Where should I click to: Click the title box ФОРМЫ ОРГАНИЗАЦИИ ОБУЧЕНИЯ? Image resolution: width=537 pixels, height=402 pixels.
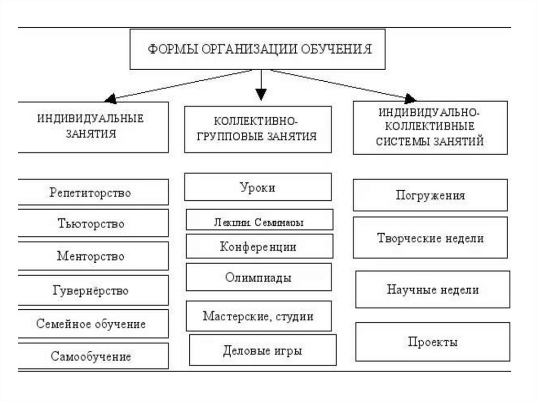[260, 49]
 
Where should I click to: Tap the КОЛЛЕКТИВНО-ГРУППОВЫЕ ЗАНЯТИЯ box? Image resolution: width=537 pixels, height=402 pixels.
[258, 129]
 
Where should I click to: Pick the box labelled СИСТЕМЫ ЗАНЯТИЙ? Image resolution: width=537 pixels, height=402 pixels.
[431, 127]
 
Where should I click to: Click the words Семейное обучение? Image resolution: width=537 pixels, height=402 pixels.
[91, 323]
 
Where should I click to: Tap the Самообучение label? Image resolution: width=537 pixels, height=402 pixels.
[91, 357]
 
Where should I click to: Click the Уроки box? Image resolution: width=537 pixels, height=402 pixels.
[258, 187]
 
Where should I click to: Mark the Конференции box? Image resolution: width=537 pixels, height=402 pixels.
[259, 246]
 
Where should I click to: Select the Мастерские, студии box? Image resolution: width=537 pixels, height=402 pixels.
[259, 316]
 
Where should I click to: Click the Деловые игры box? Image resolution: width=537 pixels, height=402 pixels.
[262, 350]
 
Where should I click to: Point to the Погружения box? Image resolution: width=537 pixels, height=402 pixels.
[431, 195]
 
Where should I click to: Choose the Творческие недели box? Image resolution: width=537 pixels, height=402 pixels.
[431, 238]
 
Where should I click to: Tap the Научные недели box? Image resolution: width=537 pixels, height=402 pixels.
[433, 289]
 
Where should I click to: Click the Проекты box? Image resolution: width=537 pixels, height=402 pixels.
[433, 342]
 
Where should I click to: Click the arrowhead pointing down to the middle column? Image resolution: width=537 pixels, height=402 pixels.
[261, 95]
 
